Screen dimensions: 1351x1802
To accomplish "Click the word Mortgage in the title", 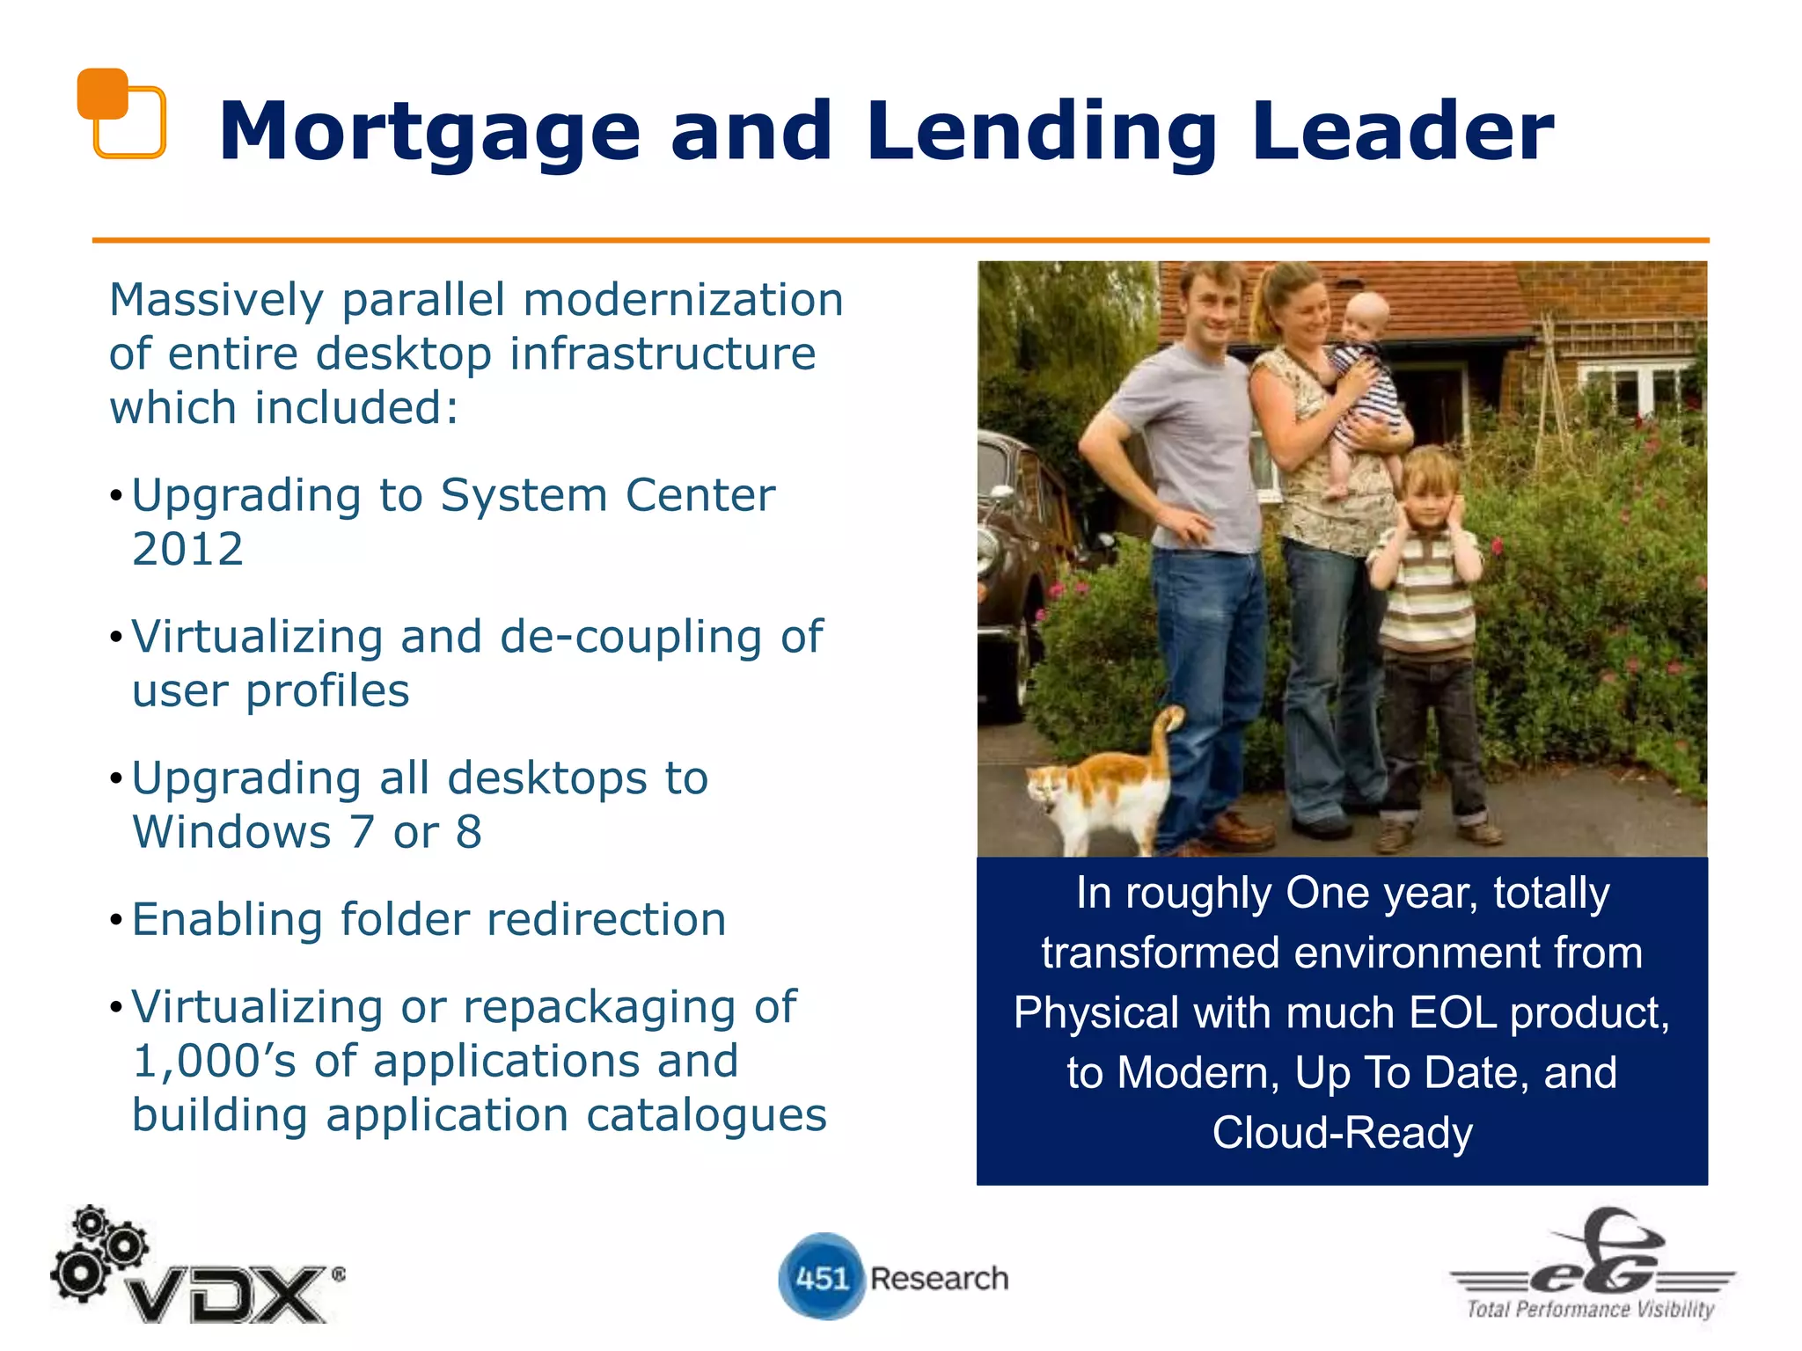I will [x=429, y=132].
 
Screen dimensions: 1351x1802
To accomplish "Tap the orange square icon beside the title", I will [x=121, y=113].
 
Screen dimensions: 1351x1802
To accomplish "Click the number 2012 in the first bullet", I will [x=187, y=550].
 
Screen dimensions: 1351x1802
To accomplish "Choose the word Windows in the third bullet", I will [x=231, y=832].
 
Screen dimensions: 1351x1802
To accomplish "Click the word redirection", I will [x=606, y=920].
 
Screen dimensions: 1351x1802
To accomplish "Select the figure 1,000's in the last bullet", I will [x=215, y=1061].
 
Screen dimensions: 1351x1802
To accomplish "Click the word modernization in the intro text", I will [x=683, y=300].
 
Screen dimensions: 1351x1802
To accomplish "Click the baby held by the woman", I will [x=1364, y=378].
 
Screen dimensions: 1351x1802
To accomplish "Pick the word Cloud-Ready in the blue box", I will [x=1342, y=1133].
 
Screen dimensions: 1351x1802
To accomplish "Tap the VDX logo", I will [x=198, y=1271].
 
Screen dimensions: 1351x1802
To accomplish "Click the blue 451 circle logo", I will [x=820, y=1277].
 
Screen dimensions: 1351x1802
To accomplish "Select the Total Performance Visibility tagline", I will [x=1590, y=1309].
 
